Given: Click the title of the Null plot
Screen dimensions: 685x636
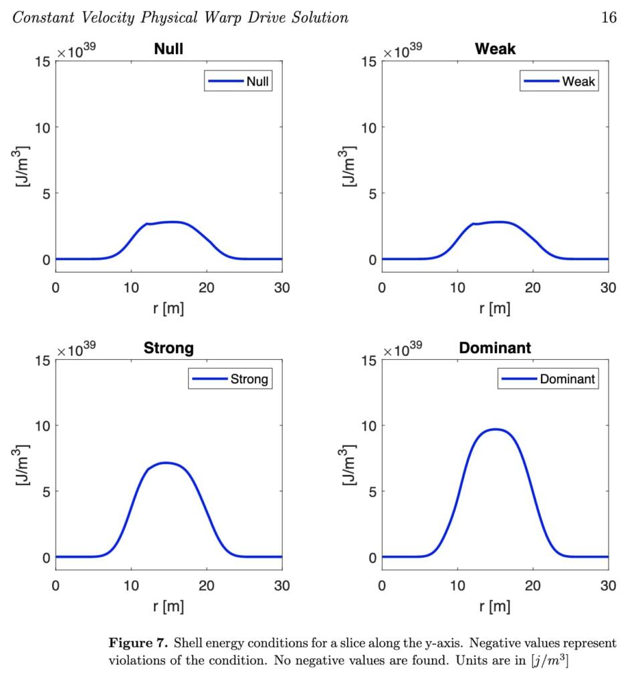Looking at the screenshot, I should pos(169,50).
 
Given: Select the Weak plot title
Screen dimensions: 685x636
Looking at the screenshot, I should pos(495,50).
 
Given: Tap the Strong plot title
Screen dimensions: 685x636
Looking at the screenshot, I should pos(169,348).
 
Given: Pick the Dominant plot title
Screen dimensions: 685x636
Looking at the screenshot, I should pos(495,348).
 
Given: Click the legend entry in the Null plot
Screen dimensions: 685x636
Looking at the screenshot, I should pos(239,82).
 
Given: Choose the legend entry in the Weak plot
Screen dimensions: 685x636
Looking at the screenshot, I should pos(558,82).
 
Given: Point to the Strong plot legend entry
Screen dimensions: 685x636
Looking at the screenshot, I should pos(230,379).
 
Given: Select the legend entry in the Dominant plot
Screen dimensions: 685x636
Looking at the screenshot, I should pos(548,379).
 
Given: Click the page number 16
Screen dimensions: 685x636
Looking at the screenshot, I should pos(609,18).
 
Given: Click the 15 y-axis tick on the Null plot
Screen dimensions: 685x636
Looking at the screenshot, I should pos(42,62).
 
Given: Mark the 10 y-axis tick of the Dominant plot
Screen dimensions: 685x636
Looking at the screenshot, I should pos(368,425).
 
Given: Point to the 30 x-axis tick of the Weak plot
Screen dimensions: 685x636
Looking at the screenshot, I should pos(608,287).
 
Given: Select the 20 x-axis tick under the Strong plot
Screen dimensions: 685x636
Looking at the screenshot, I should pos(207,585).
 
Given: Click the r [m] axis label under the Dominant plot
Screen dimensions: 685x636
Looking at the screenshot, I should pos(495,606).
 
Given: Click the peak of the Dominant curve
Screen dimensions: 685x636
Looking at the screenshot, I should pos(495,429).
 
